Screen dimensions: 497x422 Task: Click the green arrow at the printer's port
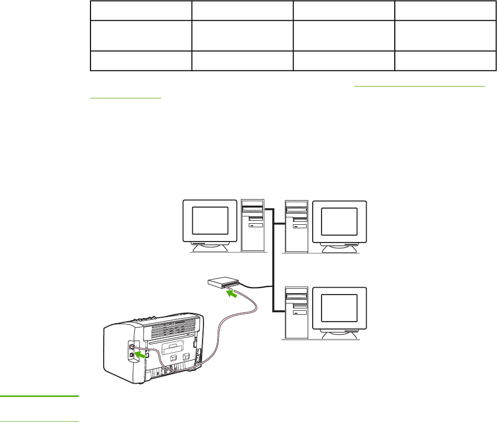pos(141,353)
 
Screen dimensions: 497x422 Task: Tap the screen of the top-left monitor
pos(210,220)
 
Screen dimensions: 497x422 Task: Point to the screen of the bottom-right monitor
pos(339,308)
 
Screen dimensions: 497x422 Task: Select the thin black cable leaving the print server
pos(256,287)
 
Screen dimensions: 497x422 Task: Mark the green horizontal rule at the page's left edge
pos(39,395)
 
